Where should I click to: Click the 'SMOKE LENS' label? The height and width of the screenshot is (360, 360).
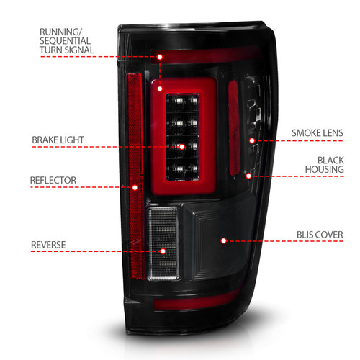(x=318, y=133)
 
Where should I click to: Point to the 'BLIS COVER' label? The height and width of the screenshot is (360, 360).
(x=318, y=235)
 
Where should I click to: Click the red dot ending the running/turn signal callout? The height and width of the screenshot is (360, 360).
(x=162, y=55)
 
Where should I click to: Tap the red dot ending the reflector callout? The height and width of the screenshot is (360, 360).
(x=135, y=187)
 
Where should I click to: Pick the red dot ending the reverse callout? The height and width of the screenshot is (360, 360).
(x=163, y=251)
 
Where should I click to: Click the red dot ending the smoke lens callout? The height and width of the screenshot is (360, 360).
(x=251, y=140)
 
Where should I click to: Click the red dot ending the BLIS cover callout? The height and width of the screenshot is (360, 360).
(x=223, y=240)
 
